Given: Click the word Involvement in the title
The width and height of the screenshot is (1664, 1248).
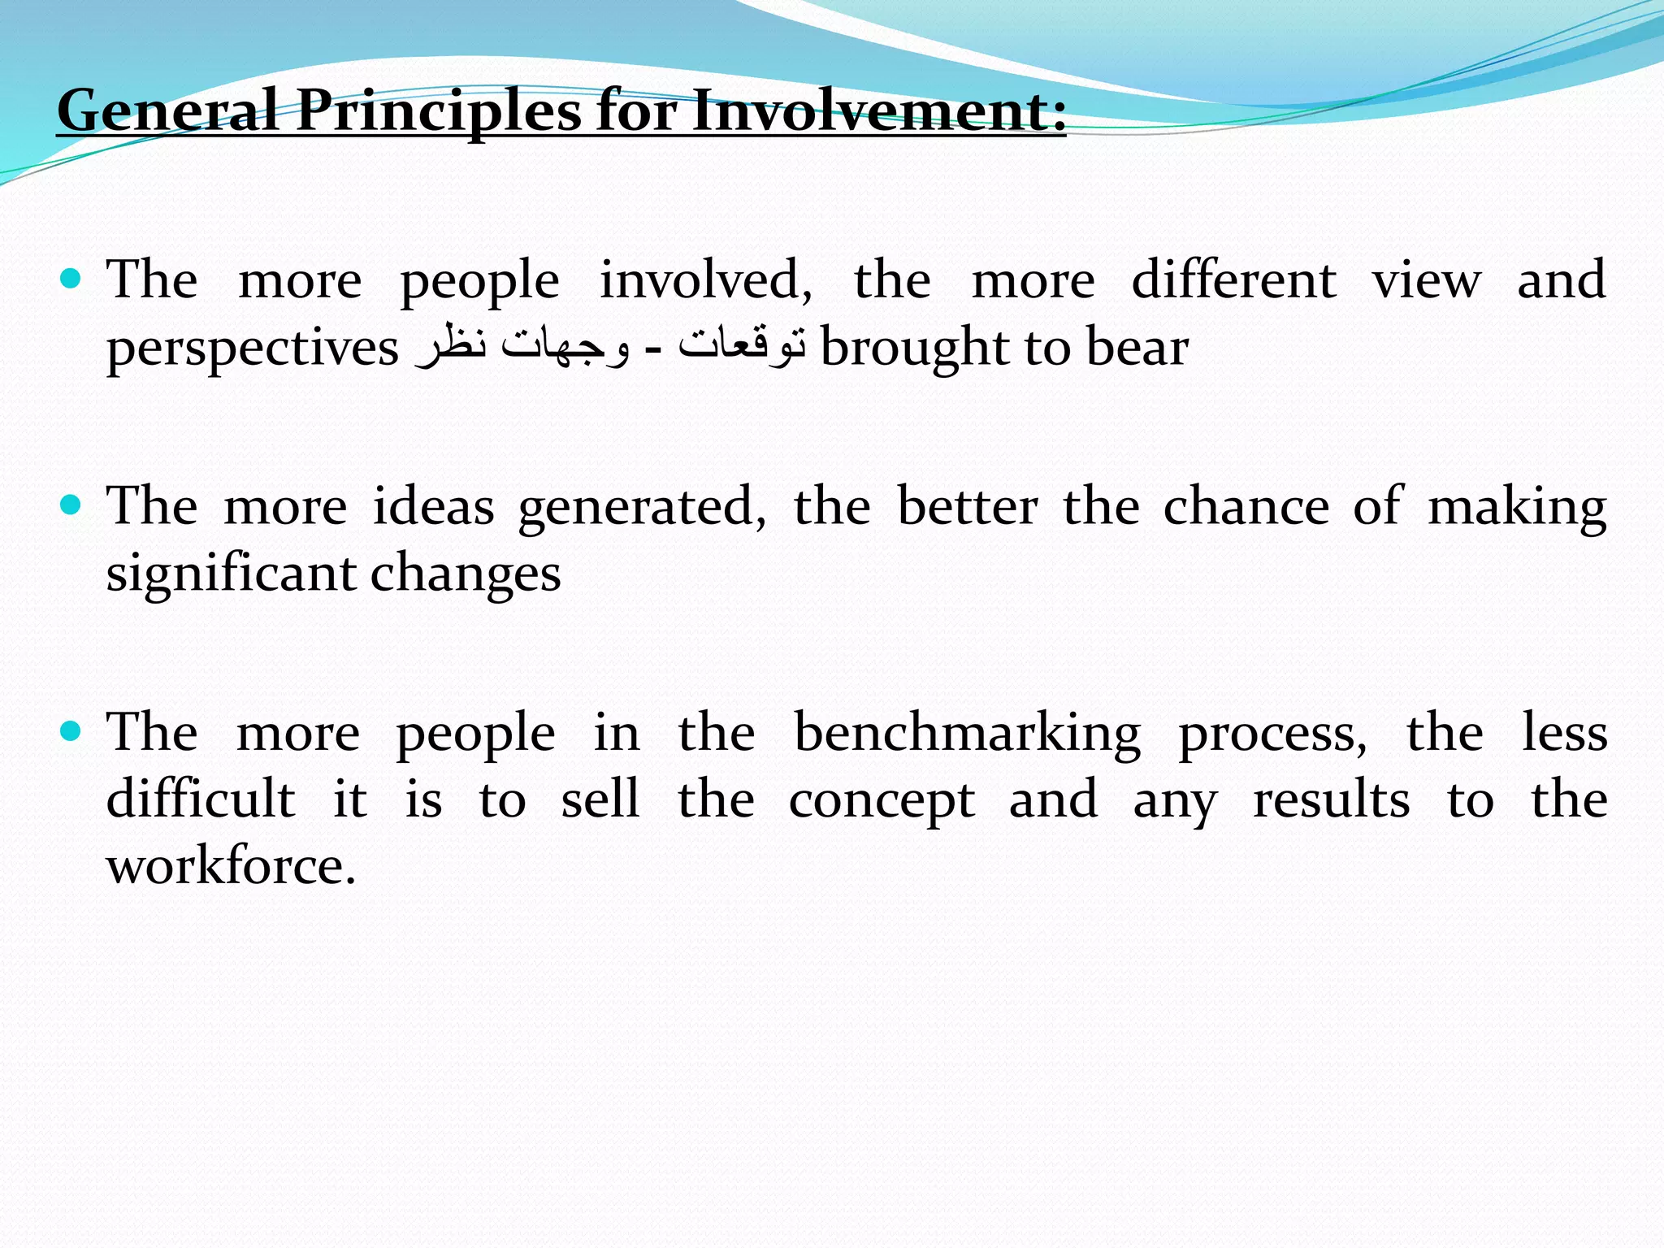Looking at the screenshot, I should pyautogui.click(x=879, y=110).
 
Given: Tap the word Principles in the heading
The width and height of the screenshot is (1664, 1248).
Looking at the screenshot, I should pyautogui.click(x=439, y=110).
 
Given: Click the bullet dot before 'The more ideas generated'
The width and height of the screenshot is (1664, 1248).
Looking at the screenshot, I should pyautogui.click(x=71, y=505).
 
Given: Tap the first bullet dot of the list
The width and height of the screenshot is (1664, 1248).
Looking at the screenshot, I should pyautogui.click(x=71, y=279).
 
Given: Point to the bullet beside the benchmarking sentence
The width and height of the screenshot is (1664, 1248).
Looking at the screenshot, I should pyautogui.click(x=71, y=731).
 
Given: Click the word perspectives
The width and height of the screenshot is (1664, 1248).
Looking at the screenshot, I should pyautogui.click(x=253, y=349).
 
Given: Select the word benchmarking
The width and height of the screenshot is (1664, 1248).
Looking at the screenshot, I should pyautogui.click(x=967, y=733).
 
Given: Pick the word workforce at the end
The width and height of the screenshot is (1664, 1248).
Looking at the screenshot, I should pyautogui.click(x=231, y=866).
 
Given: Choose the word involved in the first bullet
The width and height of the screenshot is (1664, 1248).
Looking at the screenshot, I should pyautogui.click(x=705, y=281).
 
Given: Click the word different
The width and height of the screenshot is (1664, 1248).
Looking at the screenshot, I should pyautogui.click(x=1233, y=281).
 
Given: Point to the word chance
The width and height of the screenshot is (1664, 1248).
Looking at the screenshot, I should pyautogui.click(x=1246, y=507).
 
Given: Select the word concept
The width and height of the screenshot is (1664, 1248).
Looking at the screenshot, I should pyautogui.click(x=882, y=801).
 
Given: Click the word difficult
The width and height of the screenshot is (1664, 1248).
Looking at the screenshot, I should pyautogui.click(x=201, y=799).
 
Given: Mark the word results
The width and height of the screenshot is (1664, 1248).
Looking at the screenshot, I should pyautogui.click(x=1332, y=799).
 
